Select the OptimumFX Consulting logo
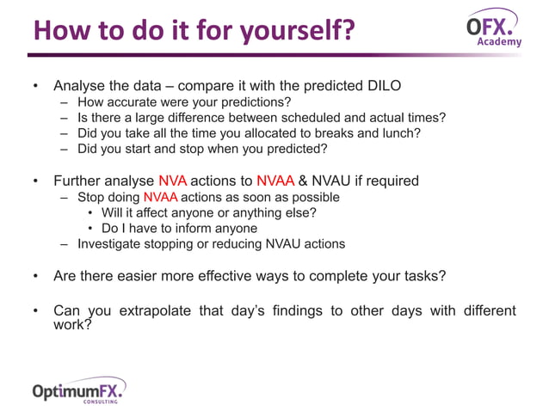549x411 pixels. [78, 389]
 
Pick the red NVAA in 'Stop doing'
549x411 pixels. [160, 197]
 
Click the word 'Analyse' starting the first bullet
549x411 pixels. [80, 86]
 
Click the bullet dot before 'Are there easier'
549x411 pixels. [35, 277]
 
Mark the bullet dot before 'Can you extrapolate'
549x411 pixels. [35, 310]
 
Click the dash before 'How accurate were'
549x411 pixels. [65, 102]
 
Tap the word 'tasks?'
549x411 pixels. [425, 276]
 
